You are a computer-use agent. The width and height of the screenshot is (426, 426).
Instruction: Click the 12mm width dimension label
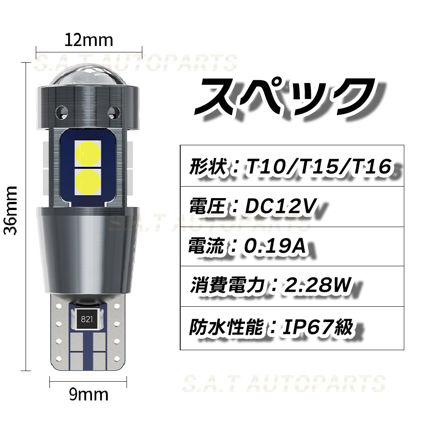pyautogui.click(x=89, y=40)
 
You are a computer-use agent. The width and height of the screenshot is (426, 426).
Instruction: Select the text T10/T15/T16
pyautogui.click(x=318, y=166)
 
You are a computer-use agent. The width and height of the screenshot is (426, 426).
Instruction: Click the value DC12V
pyautogui.click(x=281, y=206)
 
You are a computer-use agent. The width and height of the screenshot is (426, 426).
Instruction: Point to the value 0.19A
pyautogui.click(x=275, y=246)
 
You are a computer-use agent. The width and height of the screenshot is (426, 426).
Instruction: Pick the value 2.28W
pyautogui.click(x=317, y=285)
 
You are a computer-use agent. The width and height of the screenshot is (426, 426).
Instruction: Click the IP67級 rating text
pyautogui.click(x=318, y=327)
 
